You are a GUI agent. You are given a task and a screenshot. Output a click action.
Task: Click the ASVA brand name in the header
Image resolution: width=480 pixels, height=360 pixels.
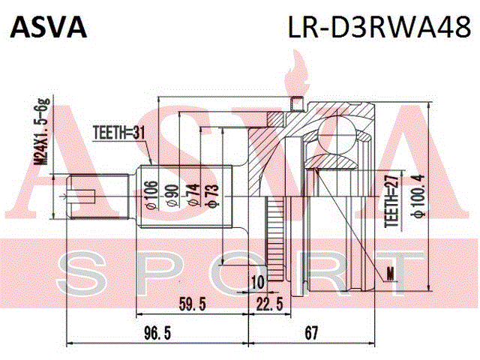[x=48, y=27]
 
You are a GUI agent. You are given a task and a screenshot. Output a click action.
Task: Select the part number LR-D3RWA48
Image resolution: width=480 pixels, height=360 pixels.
[x=379, y=27]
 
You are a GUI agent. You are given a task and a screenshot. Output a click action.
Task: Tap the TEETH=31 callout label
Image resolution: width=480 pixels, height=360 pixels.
[x=118, y=133]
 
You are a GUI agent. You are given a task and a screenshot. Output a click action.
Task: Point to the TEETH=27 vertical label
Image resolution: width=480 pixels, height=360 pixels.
[x=391, y=201]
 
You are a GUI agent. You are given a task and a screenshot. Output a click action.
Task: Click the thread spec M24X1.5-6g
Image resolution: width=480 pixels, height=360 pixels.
[x=42, y=132]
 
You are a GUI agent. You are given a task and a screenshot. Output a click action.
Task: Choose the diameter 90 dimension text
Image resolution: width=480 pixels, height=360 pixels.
[x=173, y=196]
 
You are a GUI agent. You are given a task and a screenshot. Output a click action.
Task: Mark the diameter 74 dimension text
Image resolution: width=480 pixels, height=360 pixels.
[x=193, y=195]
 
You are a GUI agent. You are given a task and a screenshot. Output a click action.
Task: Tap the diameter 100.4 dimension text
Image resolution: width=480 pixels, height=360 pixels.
[x=418, y=196]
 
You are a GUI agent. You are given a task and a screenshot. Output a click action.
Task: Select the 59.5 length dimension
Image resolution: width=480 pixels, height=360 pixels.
[x=192, y=304]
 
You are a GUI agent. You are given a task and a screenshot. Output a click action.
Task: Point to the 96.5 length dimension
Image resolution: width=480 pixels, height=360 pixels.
[x=157, y=333]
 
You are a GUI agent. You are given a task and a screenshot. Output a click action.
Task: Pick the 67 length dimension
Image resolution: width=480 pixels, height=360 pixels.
[x=311, y=333]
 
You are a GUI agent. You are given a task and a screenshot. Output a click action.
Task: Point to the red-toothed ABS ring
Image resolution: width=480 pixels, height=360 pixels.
[x=275, y=238]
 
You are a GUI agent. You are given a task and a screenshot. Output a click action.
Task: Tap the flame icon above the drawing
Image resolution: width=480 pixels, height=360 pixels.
[x=296, y=73]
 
